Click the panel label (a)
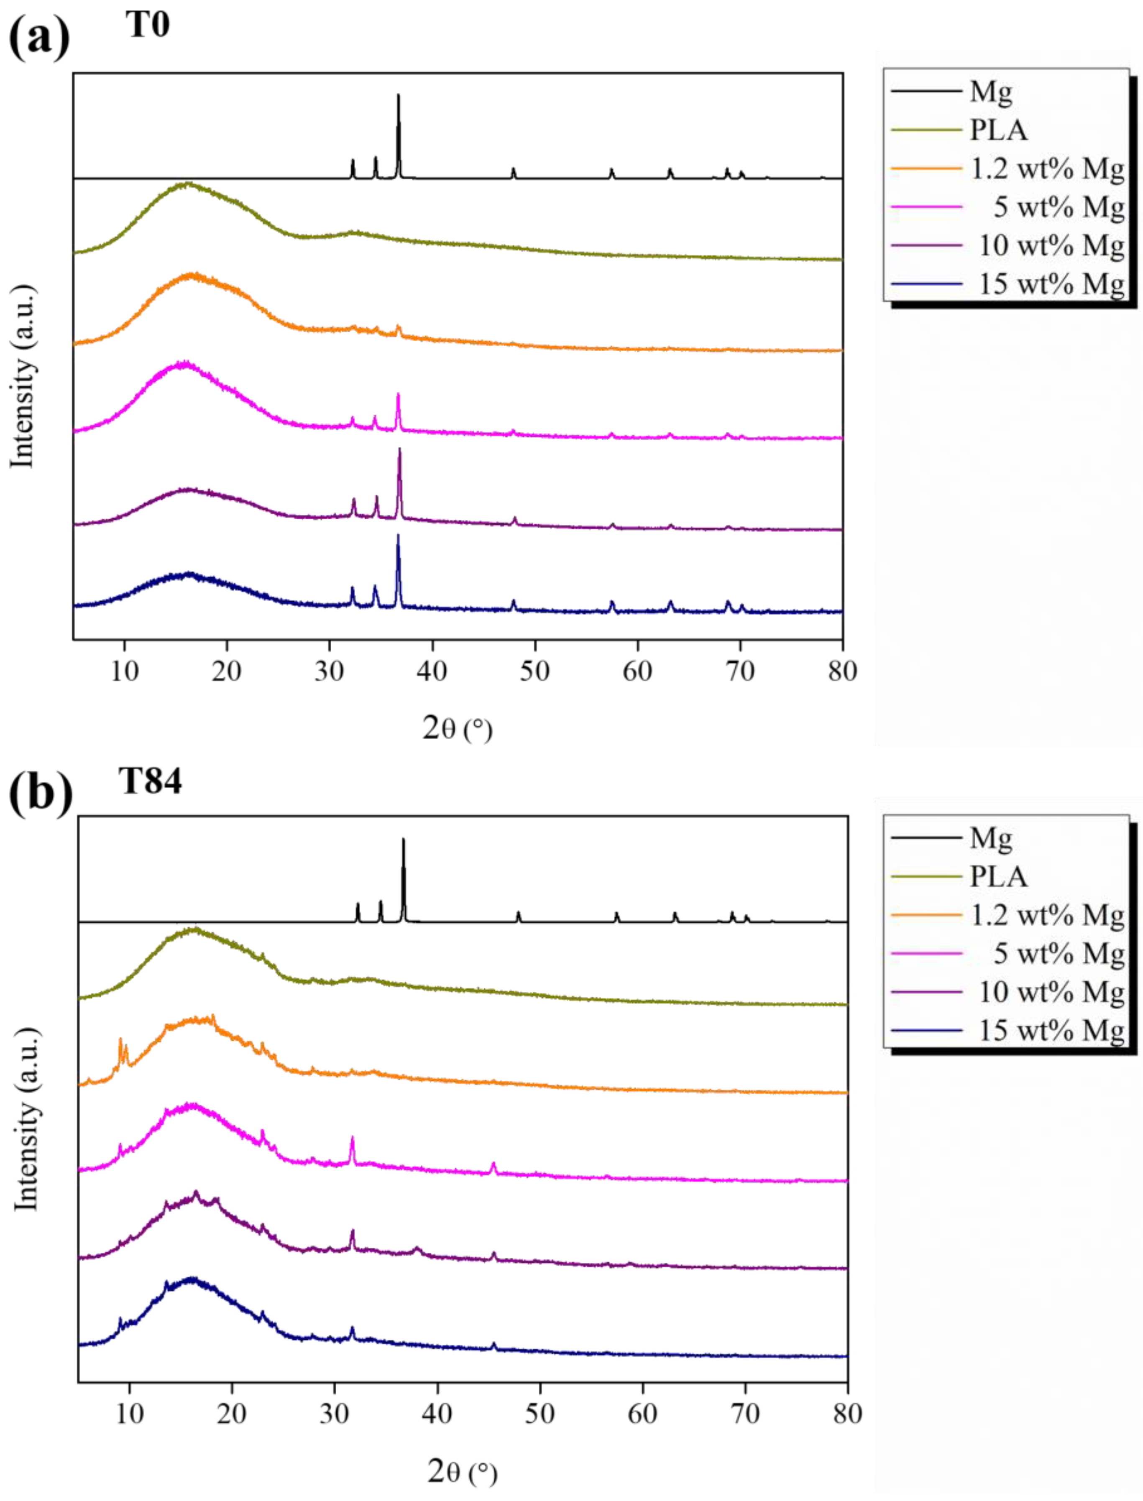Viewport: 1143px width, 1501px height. [x=39, y=37]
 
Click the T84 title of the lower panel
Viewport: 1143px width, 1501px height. [x=151, y=781]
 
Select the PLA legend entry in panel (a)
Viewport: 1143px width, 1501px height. [x=997, y=130]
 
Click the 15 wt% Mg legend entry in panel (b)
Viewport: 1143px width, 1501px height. [x=1051, y=1030]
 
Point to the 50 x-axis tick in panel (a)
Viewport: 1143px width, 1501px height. [x=535, y=671]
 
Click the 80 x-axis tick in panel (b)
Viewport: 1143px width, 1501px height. [x=847, y=1414]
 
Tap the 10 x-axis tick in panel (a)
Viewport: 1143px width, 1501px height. [x=125, y=671]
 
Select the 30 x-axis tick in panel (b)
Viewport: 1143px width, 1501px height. [x=334, y=1414]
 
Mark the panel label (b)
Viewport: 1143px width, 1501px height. [x=41, y=792]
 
